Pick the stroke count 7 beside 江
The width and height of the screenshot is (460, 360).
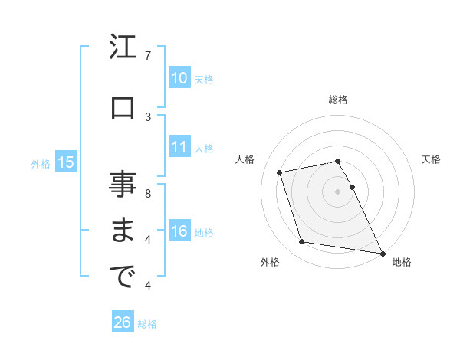[x=148, y=55]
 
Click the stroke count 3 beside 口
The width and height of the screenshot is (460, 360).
[x=148, y=116]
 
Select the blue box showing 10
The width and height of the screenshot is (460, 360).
[x=179, y=78]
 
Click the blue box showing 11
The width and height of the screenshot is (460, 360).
[x=179, y=147]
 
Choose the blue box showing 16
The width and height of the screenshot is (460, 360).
[x=179, y=231]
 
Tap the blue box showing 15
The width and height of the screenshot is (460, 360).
[x=65, y=162]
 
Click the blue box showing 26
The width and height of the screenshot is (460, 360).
[x=122, y=322]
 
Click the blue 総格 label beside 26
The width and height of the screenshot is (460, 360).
[x=147, y=324]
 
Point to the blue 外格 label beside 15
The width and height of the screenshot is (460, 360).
[x=41, y=163]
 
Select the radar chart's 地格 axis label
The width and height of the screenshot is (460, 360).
[x=402, y=262]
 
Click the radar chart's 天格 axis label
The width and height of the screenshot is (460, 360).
[x=431, y=159]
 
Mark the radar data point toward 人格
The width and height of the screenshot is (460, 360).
[x=280, y=172]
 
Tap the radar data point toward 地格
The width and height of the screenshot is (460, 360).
[x=381, y=252]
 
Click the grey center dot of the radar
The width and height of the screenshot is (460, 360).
[x=338, y=191]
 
